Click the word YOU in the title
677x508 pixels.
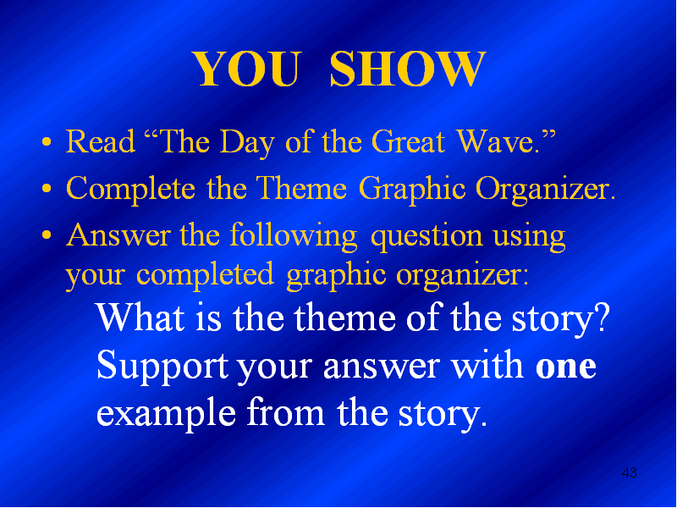coord(246,69)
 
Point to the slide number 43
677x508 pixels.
coord(629,472)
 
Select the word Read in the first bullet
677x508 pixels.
coord(100,141)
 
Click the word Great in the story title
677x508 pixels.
coord(408,141)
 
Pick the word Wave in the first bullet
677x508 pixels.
coord(497,141)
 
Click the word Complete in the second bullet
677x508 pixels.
coord(131,189)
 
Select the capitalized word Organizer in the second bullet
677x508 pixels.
coord(545,190)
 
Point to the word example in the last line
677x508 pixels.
coord(166,414)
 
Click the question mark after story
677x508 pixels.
coord(601,317)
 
